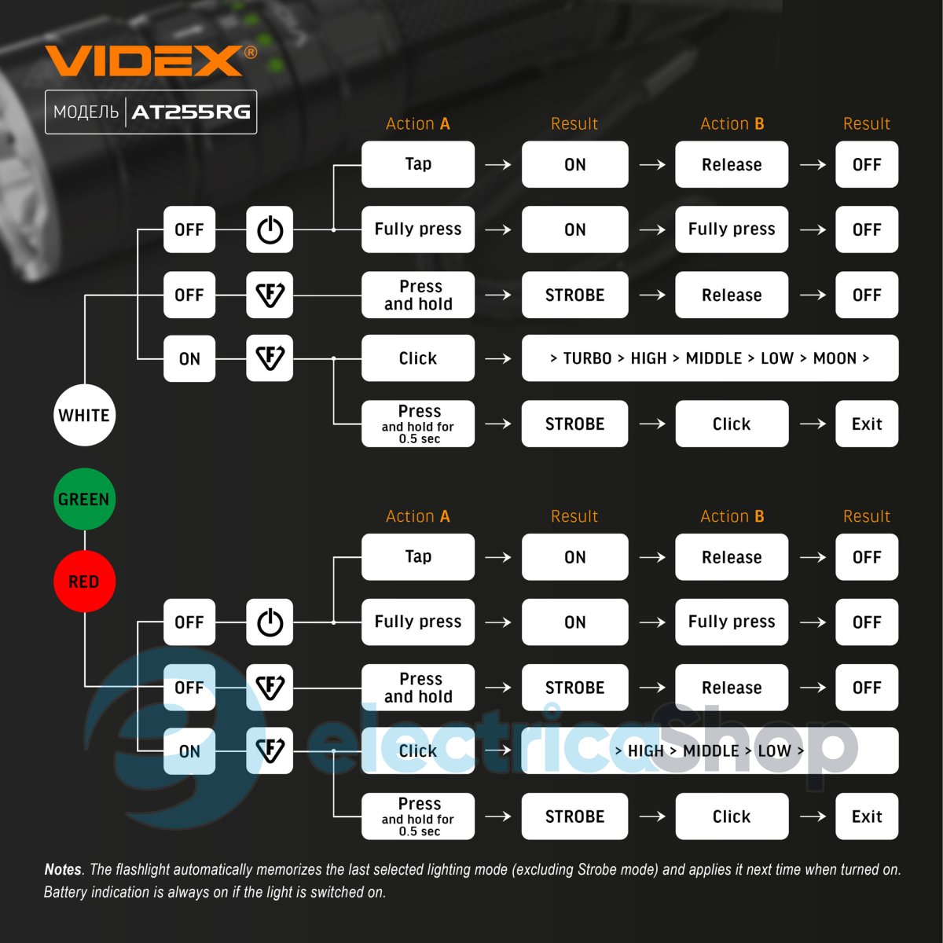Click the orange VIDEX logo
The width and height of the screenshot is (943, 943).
pyautogui.click(x=144, y=61)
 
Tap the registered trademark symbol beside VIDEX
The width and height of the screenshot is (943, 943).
pyautogui.click(x=251, y=52)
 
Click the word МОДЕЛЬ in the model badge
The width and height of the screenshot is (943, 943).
pyautogui.click(x=86, y=112)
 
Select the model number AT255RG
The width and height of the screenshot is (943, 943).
pyautogui.click(x=191, y=112)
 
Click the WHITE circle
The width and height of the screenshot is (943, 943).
pyautogui.click(x=84, y=415)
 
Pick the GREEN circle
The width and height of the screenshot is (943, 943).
pyautogui.click(x=84, y=499)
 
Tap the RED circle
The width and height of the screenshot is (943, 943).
pyautogui.click(x=84, y=582)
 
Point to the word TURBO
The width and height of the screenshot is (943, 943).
pyautogui.click(x=587, y=358)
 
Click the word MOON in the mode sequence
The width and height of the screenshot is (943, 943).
pyautogui.click(x=835, y=358)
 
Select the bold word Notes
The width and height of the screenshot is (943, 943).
pyautogui.click(x=63, y=869)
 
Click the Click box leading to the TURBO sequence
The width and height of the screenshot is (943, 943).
pyautogui.click(x=417, y=358)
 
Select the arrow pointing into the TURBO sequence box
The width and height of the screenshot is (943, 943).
pyautogui.click(x=498, y=358)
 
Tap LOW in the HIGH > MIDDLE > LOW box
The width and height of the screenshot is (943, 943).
pyautogui.click(x=774, y=750)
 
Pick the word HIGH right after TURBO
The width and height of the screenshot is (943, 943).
pyautogui.click(x=648, y=358)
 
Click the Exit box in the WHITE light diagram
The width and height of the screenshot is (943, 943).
pyautogui.click(x=866, y=424)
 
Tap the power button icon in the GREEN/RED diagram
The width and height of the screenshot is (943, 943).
pyautogui.click(x=270, y=622)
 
